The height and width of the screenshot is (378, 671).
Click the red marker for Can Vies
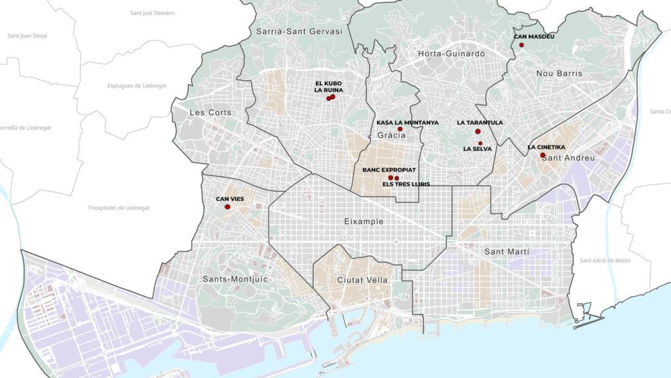(x=227, y=207)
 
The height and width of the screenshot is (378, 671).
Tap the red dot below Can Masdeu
(x=522, y=45)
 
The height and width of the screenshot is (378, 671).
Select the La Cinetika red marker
(x=543, y=155)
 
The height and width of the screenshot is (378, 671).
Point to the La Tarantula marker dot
(x=478, y=132)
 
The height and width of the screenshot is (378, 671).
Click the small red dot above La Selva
(x=480, y=143)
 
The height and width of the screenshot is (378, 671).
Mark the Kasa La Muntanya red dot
(x=400, y=129)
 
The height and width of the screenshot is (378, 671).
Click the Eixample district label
(x=364, y=222)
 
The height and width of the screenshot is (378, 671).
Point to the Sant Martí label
(x=507, y=252)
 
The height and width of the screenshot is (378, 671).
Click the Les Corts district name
(x=210, y=113)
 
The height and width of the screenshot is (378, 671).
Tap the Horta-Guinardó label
(x=451, y=54)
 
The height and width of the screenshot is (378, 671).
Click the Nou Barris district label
(x=559, y=73)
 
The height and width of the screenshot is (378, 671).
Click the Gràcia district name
(x=391, y=135)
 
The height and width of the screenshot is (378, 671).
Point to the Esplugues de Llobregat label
(x=137, y=86)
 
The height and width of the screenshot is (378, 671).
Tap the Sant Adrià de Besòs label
(x=605, y=261)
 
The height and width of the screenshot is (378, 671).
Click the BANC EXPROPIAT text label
(x=389, y=170)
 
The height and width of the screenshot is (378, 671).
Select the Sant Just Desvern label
(x=153, y=13)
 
